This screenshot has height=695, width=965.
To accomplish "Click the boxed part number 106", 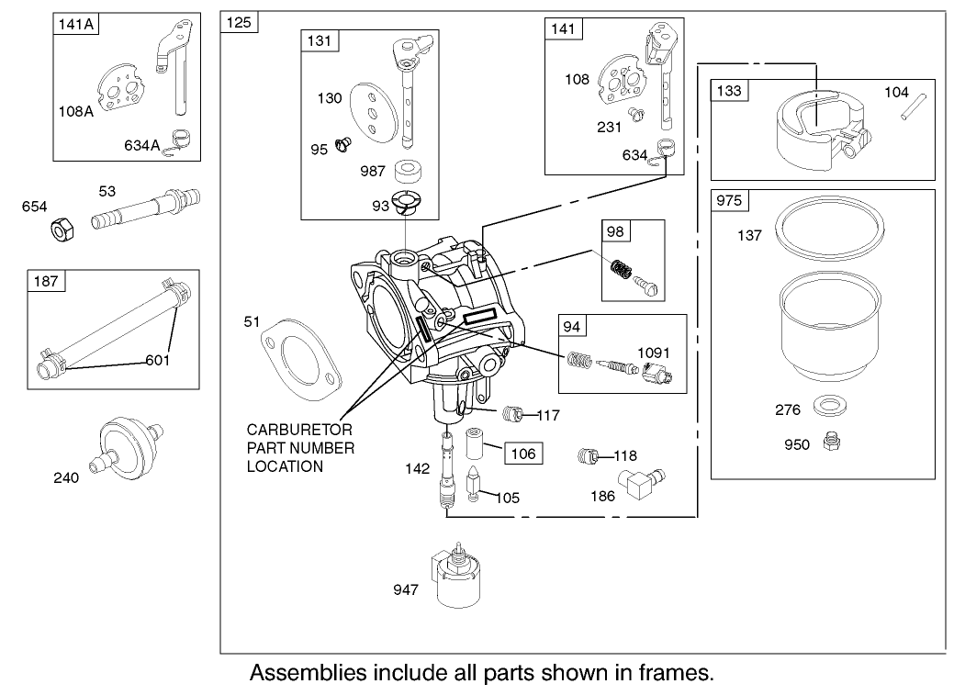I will pos(522,453).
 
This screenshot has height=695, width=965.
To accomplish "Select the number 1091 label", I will pos(655,351).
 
